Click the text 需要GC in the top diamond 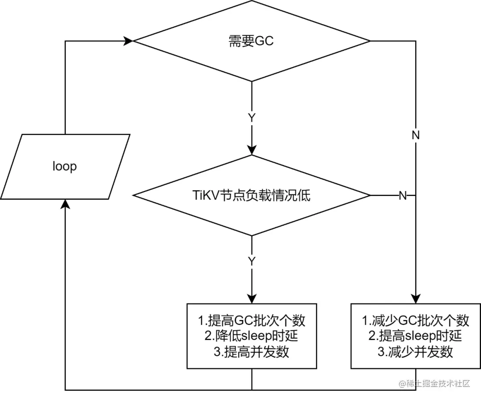[x=251, y=41]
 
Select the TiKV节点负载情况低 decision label [x=252, y=196]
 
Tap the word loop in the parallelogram [x=65, y=166]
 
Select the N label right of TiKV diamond [x=403, y=196]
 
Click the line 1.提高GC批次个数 [x=252, y=320]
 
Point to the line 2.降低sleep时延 [x=252, y=336]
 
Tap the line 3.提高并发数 [x=252, y=351]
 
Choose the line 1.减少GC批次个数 [x=416, y=320]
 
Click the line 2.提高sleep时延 [x=416, y=336]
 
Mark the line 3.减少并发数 [x=416, y=351]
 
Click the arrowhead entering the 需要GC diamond [x=129, y=41]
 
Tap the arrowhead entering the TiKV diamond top [x=252, y=150]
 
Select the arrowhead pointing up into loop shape [x=65, y=204]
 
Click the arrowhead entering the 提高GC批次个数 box [x=252, y=299]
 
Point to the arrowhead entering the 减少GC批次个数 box [x=416, y=299]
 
